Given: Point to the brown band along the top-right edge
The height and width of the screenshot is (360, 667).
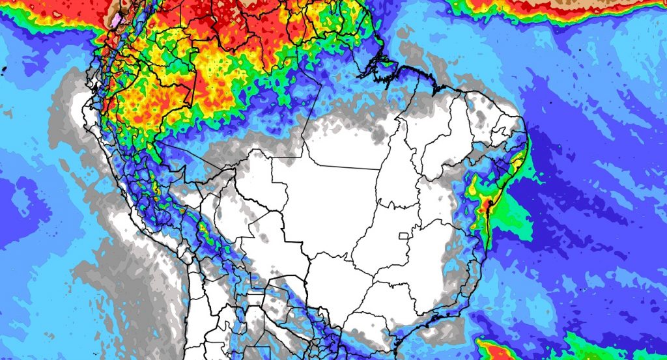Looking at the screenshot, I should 586,8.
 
